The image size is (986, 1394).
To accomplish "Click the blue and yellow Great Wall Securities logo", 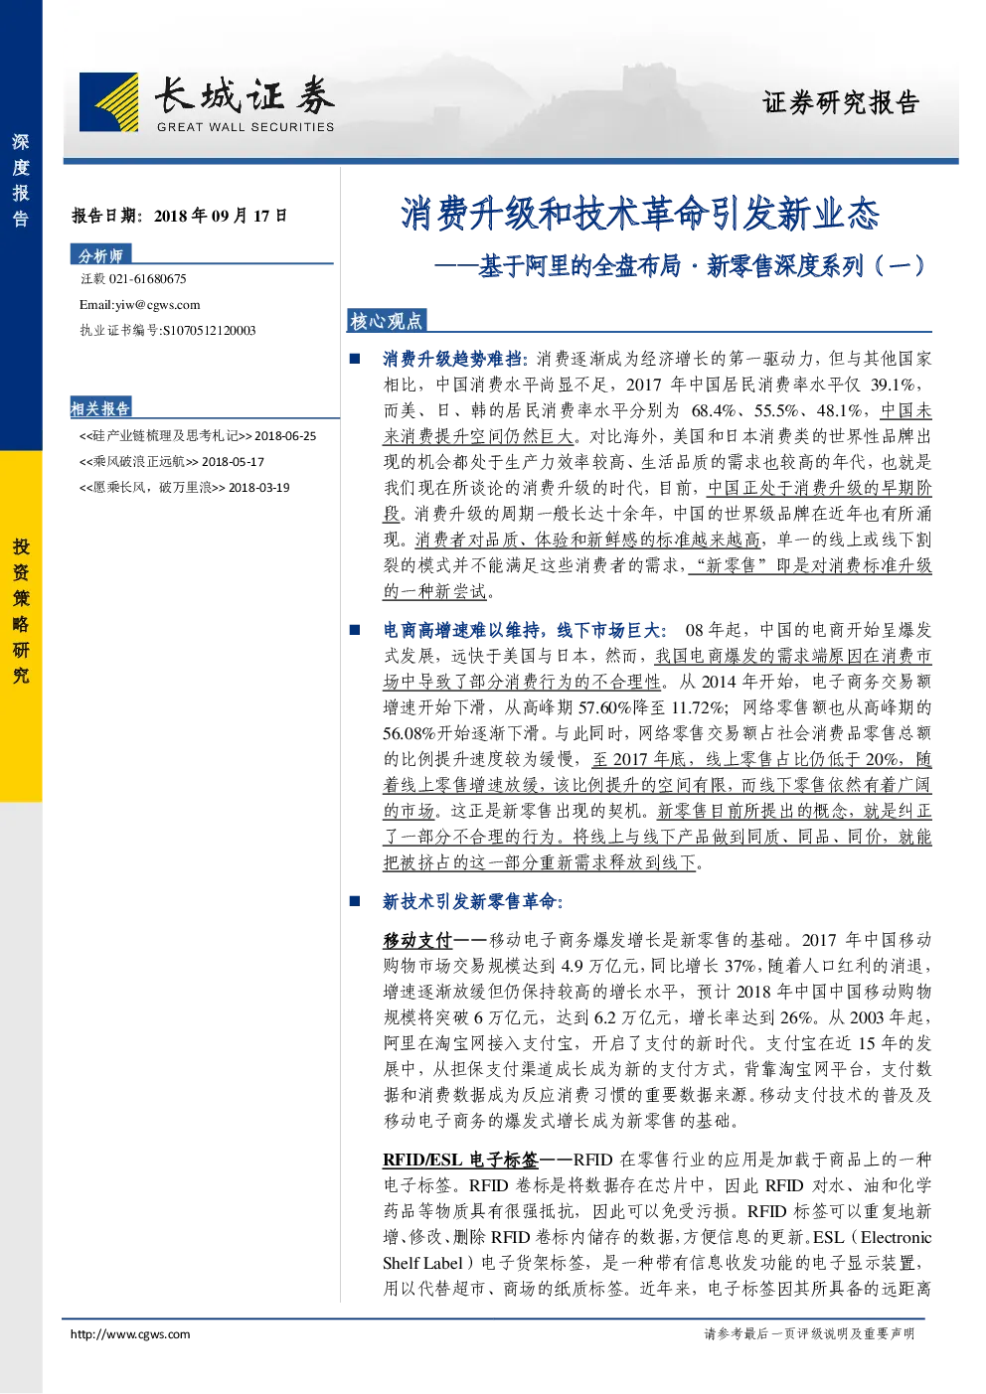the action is click(109, 102).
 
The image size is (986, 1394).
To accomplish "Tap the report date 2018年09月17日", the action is click(221, 216).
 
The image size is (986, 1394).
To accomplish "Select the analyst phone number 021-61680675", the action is click(147, 279).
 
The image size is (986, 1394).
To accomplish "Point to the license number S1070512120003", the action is click(209, 331).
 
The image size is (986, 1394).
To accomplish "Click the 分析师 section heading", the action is click(100, 255).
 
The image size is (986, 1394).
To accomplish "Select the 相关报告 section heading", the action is click(100, 408).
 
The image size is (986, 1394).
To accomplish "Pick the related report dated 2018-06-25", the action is click(198, 436).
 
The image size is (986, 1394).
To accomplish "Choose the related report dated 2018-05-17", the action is click(172, 462).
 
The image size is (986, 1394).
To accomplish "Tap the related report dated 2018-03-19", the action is click(184, 487).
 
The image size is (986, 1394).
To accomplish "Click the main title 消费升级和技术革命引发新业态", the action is click(640, 214).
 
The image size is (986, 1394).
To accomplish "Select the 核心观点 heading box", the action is click(386, 321).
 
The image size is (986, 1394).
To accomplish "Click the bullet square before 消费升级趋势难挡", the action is click(355, 359).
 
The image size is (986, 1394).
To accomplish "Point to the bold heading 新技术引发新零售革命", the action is click(472, 902).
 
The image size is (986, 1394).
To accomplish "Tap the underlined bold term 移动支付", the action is click(417, 940).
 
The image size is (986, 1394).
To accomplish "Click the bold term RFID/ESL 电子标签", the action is click(460, 1160).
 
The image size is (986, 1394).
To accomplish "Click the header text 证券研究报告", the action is click(841, 102).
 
